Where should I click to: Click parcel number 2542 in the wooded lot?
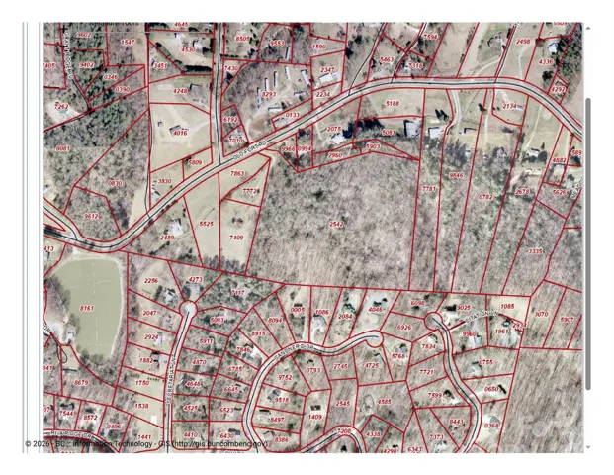point(336,225)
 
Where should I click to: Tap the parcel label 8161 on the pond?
point(86,309)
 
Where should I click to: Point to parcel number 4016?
point(179,132)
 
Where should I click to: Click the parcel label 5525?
point(206,225)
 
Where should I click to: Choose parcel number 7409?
point(236,237)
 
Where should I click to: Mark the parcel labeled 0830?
point(115,183)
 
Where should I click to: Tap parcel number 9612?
point(92,216)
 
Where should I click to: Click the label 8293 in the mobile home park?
point(268,95)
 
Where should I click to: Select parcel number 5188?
point(393,103)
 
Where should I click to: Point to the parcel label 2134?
point(510,106)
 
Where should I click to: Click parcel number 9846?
point(456,175)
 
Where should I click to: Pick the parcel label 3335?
point(535,251)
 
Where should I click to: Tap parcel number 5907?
point(567,319)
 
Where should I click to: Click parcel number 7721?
point(426,372)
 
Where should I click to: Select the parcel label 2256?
point(150,281)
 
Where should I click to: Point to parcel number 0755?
point(486,362)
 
